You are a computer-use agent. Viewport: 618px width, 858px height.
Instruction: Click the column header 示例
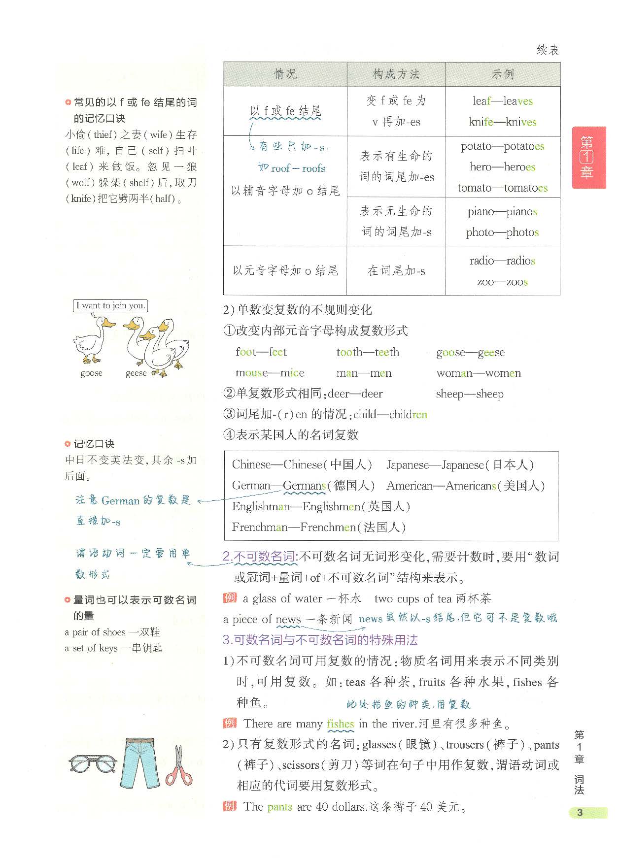coord(503,74)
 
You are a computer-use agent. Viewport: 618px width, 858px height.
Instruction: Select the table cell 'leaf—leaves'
coord(503,101)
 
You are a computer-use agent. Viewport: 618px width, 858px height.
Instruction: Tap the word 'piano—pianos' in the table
coord(502,212)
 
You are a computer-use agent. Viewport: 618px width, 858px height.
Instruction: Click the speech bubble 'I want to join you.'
coord(110,306)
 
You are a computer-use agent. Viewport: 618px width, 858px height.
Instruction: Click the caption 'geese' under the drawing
coord(136,373)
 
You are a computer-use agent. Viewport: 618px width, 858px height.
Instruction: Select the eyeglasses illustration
coord(93,764)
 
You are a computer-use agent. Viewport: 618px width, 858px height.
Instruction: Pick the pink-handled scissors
coord(178,765)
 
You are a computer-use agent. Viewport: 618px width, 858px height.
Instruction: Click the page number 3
coord(580,813)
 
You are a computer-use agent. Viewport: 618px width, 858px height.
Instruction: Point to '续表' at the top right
coord(548,50)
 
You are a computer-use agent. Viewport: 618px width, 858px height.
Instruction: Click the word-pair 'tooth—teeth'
coord(368,352)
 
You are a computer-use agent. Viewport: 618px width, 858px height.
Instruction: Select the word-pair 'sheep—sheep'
coord(470,394)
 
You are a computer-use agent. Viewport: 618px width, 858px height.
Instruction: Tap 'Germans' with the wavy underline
coord(304,486)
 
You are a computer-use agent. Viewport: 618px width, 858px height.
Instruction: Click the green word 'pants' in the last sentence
coord(279,807)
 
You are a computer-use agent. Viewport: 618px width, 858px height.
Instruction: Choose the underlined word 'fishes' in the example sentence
coord(341,724)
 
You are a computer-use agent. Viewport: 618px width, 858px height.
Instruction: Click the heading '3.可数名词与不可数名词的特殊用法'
coord(320,640)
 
